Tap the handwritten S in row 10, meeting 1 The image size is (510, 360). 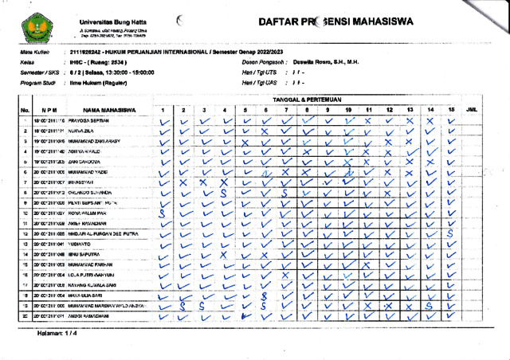163,213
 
